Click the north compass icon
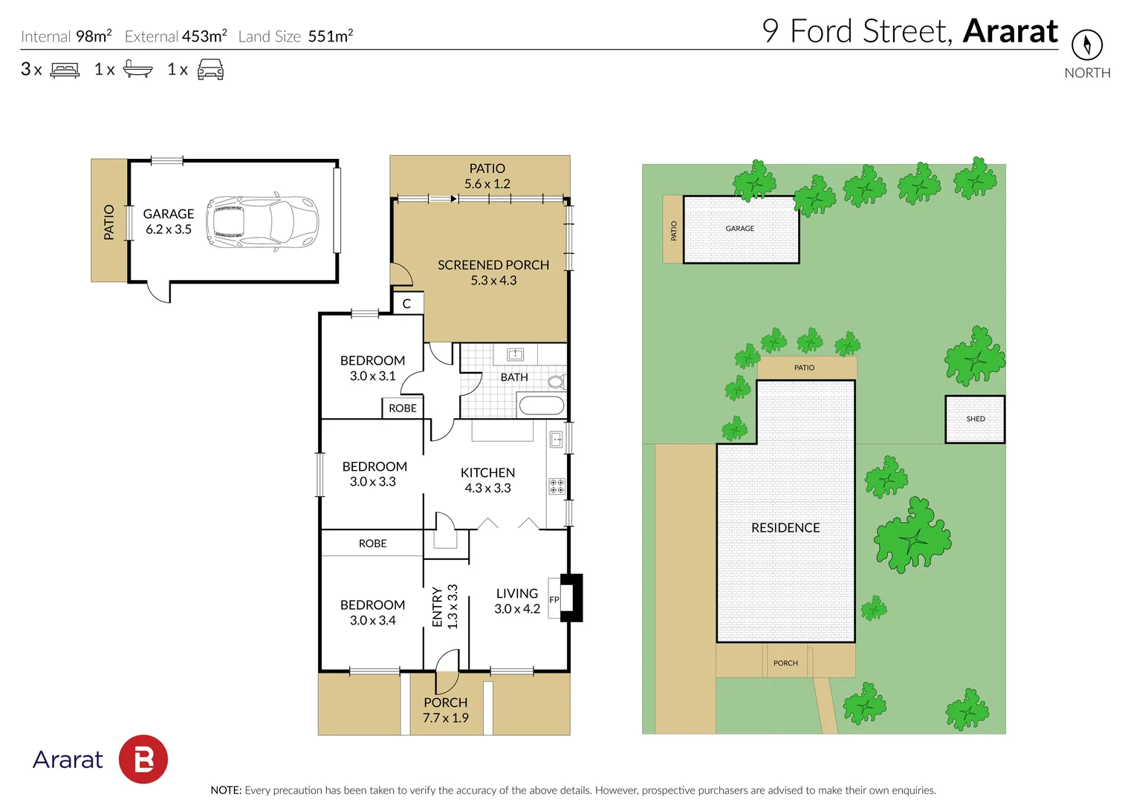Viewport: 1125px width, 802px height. (1086, 45)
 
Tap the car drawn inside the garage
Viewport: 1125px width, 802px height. (262, 221)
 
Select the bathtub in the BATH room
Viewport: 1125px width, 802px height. (541, 405)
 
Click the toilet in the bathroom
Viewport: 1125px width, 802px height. (556, 382)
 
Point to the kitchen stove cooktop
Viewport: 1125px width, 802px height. (557, 486)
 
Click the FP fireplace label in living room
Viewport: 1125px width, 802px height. (554, 599)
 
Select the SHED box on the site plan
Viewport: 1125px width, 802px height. (975, 420)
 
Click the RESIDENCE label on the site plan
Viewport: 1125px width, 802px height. (785, 528)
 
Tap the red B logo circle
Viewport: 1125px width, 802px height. (143, 759)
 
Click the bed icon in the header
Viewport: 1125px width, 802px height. (65, 71)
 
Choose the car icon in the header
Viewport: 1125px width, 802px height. (210, 70)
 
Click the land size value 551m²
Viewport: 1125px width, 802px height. (331, 36)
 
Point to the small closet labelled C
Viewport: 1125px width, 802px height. (406, 304)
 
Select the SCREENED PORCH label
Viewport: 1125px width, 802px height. (493, 265)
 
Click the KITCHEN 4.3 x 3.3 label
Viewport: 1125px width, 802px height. (487, 480)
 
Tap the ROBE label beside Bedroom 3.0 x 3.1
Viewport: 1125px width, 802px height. (403, 408)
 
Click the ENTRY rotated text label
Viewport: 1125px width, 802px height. (437, 607)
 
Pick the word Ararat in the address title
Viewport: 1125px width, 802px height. (1010, 31)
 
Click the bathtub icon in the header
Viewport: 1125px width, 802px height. (137, 70)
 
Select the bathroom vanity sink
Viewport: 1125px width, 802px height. (515, 354)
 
